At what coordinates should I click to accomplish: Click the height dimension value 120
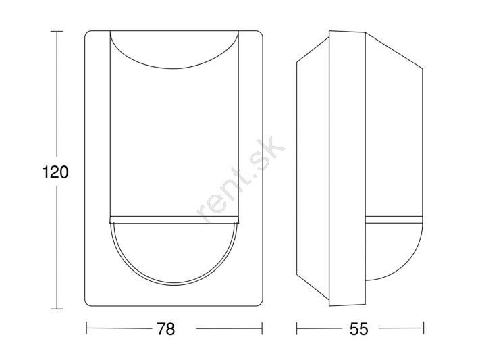point(55,172)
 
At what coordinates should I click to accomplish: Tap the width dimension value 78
point(165,329)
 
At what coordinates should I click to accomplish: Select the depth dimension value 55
point(359,329)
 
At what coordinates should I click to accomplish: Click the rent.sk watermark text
point(241,179)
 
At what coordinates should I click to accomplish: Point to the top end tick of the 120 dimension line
point(57,31)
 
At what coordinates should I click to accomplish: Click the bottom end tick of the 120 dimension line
point(57,309)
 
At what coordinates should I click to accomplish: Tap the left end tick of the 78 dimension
point(86,328)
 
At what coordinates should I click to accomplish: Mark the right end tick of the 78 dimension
point(262,328)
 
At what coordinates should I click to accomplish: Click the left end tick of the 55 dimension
point(297,328)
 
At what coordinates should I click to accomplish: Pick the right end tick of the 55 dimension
point(424,328)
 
